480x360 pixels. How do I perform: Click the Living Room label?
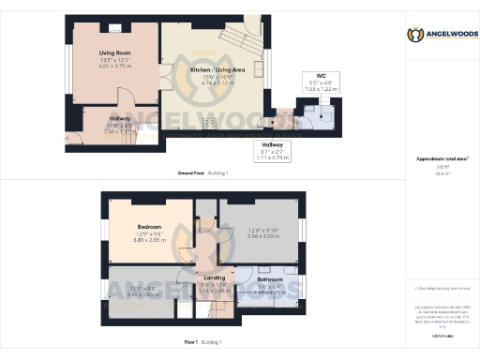[115, 53]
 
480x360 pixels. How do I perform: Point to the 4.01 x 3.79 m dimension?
[115, 67]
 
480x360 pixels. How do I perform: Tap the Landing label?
[214, 278]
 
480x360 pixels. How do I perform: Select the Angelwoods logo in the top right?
[442, 35]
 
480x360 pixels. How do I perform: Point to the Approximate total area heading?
[441, 159]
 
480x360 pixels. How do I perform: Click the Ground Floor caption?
[192, 174]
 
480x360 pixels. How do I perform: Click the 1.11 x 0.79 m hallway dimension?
[270, 157]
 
